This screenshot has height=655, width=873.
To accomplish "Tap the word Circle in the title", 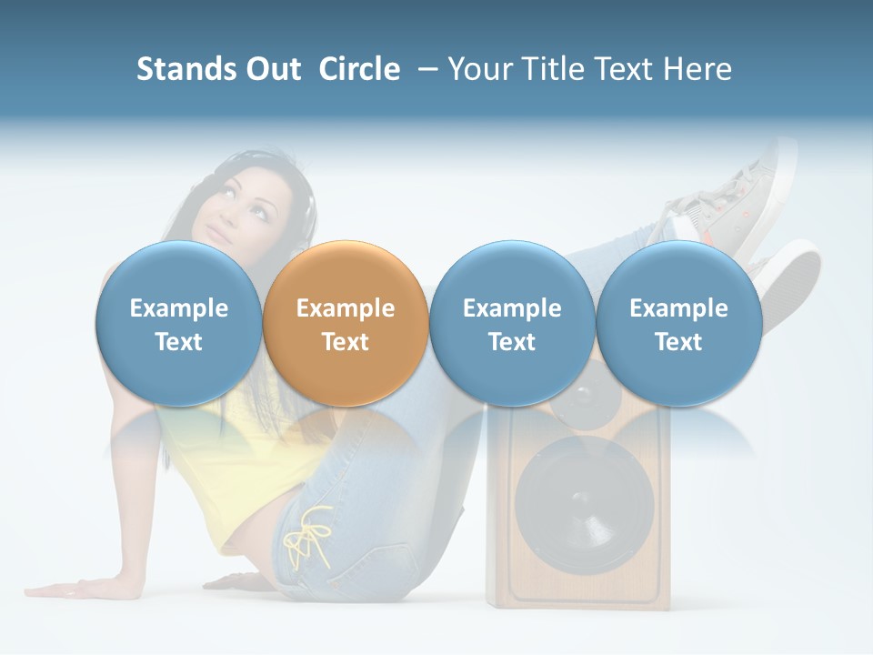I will click(x=359, y=69).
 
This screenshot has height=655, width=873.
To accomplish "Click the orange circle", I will click(x=346, y=323).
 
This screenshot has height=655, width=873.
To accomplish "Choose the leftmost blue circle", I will click(x=178, y=323).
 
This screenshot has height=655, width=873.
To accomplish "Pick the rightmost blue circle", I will click(x=678, y=323).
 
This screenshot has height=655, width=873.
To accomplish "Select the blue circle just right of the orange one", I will click(x=512, y=323).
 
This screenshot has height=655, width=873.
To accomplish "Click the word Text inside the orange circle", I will click(x=346, y=342).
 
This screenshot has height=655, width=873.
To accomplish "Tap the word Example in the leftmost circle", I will click(x=178, y=308).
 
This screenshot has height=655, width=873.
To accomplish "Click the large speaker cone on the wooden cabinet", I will click(x=584, y=505).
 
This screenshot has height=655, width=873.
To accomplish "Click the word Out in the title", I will click(x=271, y=69).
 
